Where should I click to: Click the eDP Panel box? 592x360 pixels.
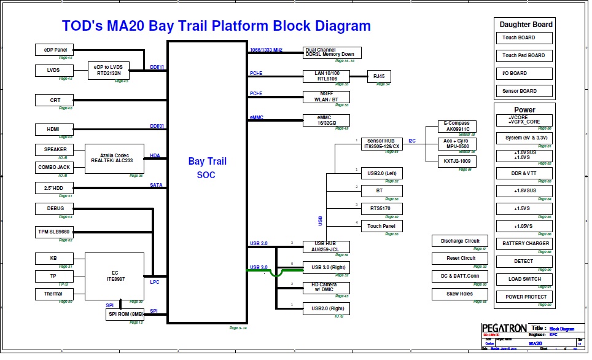click(55, 50)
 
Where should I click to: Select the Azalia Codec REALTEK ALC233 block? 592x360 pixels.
click(114, 158)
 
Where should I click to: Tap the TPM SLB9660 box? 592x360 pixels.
click(55, 232)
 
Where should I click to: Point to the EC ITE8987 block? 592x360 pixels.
click(114, 276)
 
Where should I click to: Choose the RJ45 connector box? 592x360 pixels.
click(379, 76)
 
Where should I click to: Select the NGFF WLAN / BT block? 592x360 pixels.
click(326, 97)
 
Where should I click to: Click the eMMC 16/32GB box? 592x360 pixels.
click(326, 120)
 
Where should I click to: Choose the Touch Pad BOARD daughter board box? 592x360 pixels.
click(523, 55)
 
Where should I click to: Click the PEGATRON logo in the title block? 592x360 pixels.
click(503, 328)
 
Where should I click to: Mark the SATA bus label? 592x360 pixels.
click(156, 185)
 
